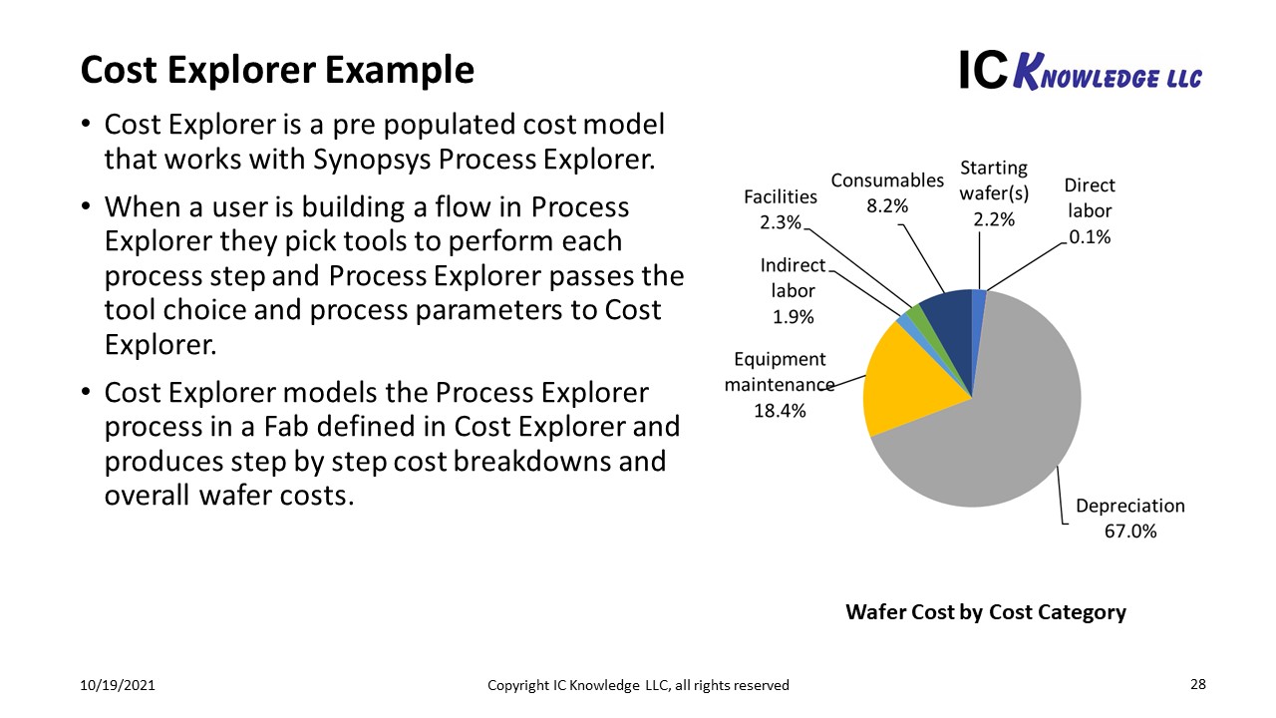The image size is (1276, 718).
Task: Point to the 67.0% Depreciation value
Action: click(1130, 532)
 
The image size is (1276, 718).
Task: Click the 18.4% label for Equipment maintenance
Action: click(780, 410)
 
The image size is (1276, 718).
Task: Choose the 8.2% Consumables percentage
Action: click(887, 205)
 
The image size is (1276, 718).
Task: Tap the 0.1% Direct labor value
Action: click(1090, 236)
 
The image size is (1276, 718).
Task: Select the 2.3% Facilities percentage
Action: click(781, 222)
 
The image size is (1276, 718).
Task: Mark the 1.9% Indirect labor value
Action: click(793, 317)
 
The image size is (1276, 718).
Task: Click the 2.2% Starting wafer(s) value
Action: click(994, 219)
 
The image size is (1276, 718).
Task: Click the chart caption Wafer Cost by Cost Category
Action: click(986, 612)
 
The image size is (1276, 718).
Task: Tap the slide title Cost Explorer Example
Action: click(277, 70)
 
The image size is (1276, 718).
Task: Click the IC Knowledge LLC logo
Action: click(1081, 71)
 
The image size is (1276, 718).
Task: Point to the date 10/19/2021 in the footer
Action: click(118, 685)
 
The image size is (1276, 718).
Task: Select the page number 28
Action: click(1198, 684)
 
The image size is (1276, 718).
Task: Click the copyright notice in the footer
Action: click(638, 685)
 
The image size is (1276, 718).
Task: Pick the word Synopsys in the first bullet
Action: click(372, 160)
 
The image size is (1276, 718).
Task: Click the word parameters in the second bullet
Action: click(494, 311)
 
